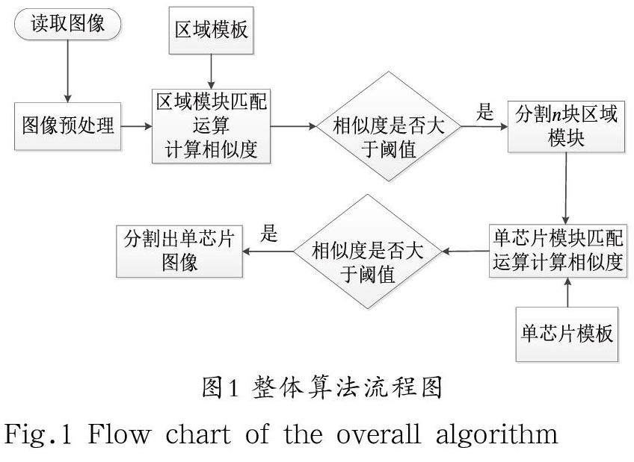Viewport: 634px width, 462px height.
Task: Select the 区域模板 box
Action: point(211,31)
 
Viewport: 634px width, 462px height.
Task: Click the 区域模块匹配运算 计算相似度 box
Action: point(211,125)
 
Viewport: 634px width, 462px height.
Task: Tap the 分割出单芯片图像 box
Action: point(179,251)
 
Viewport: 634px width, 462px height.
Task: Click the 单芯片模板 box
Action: point(567,333)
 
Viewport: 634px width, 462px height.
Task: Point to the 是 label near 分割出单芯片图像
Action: point(268,234)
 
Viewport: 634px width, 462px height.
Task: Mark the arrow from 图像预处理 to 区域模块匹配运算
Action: point(135,126)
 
